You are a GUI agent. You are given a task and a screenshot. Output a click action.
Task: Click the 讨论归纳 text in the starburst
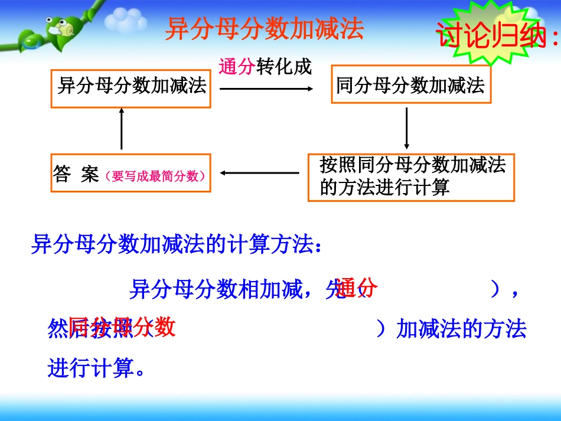click(496, 36)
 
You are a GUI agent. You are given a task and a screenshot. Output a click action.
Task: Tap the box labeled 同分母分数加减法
click(410, 86)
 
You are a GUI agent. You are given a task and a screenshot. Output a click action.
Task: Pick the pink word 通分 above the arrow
click(236, 67)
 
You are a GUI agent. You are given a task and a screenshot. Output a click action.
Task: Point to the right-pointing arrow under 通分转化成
click(266, 89)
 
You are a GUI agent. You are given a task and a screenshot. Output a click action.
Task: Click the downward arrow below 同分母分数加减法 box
click(406, 128)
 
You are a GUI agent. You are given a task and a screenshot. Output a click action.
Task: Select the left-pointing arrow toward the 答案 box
click(259, 173)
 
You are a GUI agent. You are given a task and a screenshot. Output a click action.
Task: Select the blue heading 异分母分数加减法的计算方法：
click(177, 244)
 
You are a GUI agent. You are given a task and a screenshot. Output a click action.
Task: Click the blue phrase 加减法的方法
click(461, 329)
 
